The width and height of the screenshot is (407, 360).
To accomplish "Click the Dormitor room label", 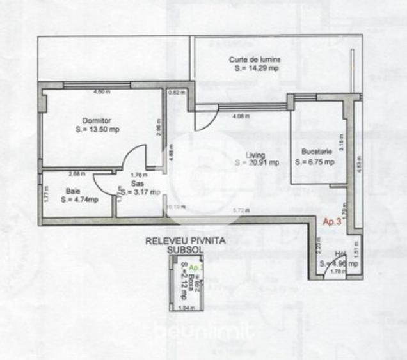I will [x=97, y=120].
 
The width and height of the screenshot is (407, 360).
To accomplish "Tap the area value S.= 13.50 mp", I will [x=97, y=129].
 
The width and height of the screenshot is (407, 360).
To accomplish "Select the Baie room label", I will [x=72, y=191].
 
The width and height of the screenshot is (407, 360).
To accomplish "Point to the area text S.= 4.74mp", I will [x=80, y=200].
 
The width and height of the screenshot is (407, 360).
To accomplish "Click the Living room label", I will [x=255, y=154].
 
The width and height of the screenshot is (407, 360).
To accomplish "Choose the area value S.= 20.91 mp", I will [x=257, y=162].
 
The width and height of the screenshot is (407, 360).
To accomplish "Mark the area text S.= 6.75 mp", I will [x=315, y=162].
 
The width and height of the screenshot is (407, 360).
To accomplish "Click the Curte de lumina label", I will [x=255, y=59].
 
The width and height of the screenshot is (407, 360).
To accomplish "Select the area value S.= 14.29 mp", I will [x=257, y=68].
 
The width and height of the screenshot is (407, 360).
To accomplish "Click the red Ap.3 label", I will [x=331, y=222].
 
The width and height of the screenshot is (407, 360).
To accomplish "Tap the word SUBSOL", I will [x=184, y=251].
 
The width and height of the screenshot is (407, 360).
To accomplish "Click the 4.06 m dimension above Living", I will [x=241, y=116].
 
